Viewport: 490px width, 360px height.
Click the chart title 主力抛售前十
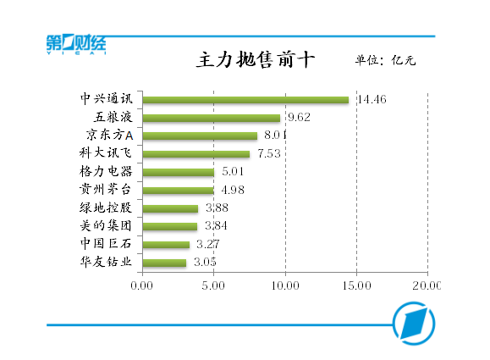tap(245, 61)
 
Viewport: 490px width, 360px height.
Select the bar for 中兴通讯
tap(245, 100)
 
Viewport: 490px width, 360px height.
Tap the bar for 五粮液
tap(212, 118)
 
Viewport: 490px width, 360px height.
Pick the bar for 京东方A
tap(200, 136)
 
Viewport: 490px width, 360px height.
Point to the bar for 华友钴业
tap(164, 263)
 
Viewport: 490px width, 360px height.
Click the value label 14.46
tap(372, 100)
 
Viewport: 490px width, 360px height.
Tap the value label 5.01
tap(233, 172)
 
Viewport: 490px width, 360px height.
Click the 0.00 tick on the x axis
tap(142, 285)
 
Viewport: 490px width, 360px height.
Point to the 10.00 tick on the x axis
tap(285, 285)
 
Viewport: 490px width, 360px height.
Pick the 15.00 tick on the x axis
tap(356, 285)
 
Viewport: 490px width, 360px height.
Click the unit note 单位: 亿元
tap(385, 61)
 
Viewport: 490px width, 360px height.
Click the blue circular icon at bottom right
tap(414, 325)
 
